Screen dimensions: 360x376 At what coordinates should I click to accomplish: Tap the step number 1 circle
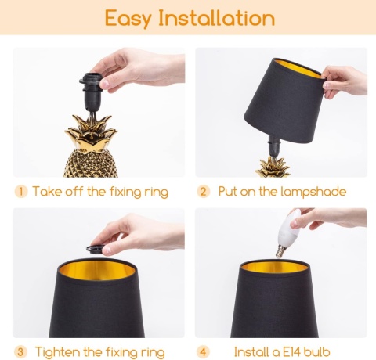coord(22,192)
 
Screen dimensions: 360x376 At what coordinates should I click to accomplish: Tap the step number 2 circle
coord(204,192)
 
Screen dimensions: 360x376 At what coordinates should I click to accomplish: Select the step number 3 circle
coord(22,351)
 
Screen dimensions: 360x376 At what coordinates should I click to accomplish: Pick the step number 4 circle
coord(204,351)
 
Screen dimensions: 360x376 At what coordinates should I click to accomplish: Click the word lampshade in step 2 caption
coord(311,192)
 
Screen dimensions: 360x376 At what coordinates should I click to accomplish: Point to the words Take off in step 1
coord(58,192)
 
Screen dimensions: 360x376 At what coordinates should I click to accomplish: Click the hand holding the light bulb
coord(329,219)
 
